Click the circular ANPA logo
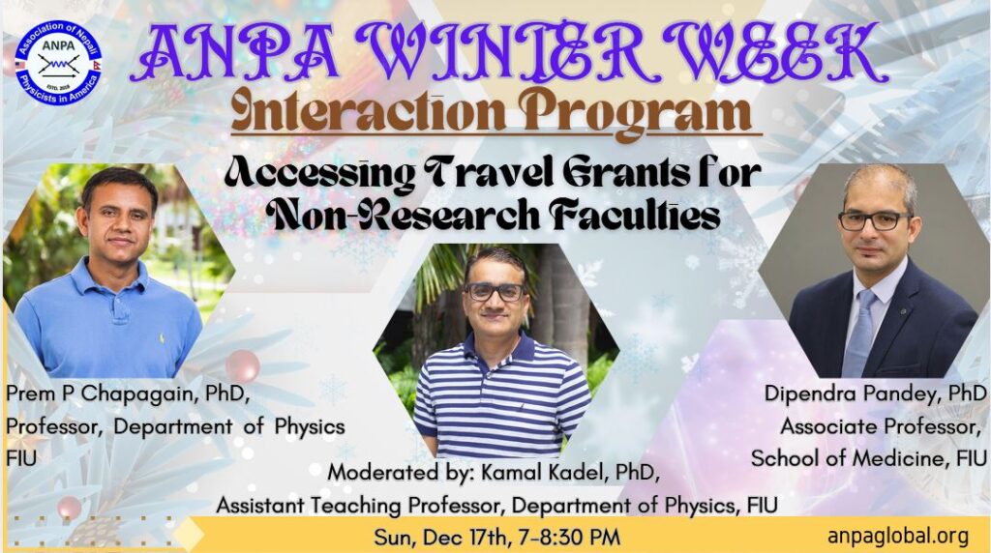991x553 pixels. click(x=58, y=63)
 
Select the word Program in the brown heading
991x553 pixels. click(x=639, y=114)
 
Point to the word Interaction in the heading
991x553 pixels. click(x=369, y=111)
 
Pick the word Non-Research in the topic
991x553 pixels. click(x=404, y=216)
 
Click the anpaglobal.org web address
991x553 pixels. click(x=897, y=536)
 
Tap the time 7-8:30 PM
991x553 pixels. click(x=568, y=538)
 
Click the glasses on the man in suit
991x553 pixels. click(x=875, y=221)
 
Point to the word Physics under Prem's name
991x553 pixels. click(x=310, y=427)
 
